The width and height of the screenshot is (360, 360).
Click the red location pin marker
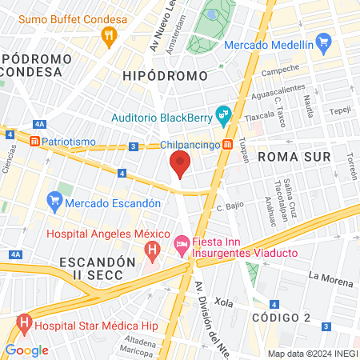tap(180, 166)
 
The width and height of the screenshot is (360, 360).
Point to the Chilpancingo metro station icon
tap(228, 145)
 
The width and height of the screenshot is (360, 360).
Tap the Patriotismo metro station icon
tap(34, 142)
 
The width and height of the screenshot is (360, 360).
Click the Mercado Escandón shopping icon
tap(54, 198)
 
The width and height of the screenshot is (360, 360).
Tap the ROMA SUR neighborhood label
tap(294, 156)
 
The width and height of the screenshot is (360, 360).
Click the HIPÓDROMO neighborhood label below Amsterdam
tap(165, 76)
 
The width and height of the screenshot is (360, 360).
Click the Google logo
tap(26, 350)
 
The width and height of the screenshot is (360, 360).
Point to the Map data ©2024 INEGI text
tap(312, 354)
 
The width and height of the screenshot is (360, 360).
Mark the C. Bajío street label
tap(230, 208)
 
